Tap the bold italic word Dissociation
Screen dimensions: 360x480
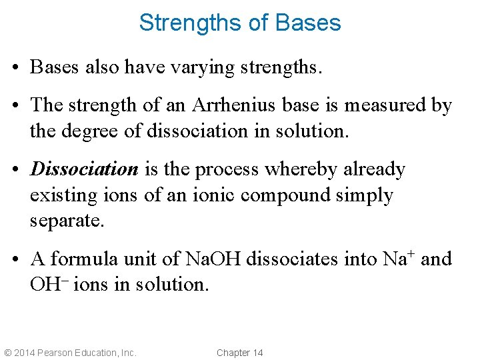pyautogui.click(x=84, y=169)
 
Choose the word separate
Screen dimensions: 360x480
pyautogui.click(x=67, y=221)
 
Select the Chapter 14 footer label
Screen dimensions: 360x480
pyautogui.click(x=240, y=353)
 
